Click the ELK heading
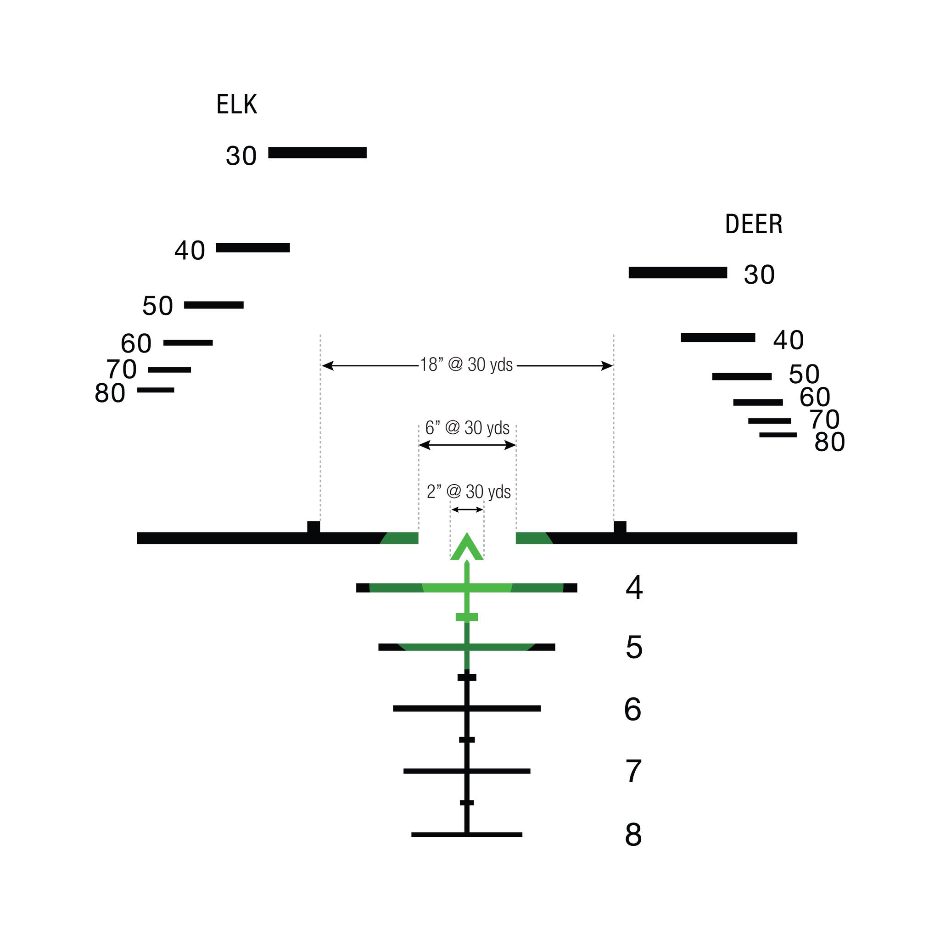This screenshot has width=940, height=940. pyautogui.click(x=236, y=104)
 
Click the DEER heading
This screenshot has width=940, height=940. pyautogui.click(x=754, y=224)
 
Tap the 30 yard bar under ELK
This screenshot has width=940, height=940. pyautogui.click(x=317, y=153)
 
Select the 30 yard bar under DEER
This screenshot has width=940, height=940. pyautogui.click(x=678, y=273)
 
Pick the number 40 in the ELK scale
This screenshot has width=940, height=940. pyautogui.click(x=190, y=251)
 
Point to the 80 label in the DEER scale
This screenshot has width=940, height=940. pyautogui.click(x=829, y=442)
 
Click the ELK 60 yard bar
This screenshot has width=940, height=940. pyautogui.click(x=188, y=343)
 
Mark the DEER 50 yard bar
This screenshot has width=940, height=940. pyautogui.click(x=742, y=376)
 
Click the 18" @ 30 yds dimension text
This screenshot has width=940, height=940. pyautogui.click(x=466, y=365)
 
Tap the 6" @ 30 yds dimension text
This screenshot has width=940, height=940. pyautogui.click(x=467, y=428)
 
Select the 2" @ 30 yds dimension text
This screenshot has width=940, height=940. pyautogui.click(x=469, y=492)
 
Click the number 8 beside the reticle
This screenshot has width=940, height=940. pyautogui.click(x=633, y=835)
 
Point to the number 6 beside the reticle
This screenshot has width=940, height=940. pyautogui.click(x=632, y=710)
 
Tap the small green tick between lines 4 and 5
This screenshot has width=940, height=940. pyautogui.click(x=467, y=617)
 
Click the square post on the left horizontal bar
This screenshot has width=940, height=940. pyautogui.click(x=314, y=527)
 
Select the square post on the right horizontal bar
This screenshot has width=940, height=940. pyautogui.click(x=620, y=527)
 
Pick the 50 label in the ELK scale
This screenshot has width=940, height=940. pyautogui.click(x=157, y=306)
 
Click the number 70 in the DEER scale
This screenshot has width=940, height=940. pyautogui.click(x=824, y=420)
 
